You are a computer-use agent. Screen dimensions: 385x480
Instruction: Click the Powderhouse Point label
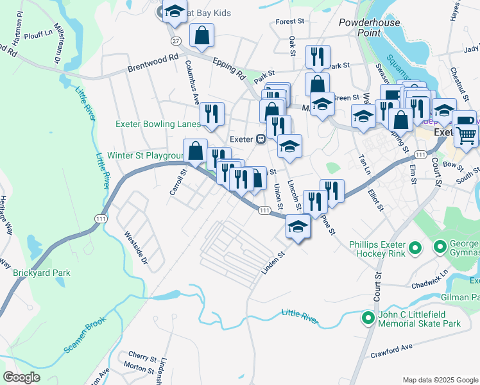tap(370, 27)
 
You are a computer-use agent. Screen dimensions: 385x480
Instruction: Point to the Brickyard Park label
tap(42, 273)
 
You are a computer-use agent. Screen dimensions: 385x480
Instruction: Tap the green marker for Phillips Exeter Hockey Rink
tap(415, 247)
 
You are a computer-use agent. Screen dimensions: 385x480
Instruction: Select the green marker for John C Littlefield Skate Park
tap(368, 318)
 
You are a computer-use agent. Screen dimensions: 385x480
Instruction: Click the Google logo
tap(21, 377)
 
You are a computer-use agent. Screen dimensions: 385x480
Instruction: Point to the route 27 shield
tap(175, 40)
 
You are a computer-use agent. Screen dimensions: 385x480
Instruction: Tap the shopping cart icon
tap(466, 134)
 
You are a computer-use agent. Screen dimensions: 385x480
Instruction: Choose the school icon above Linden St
tap(297, 227)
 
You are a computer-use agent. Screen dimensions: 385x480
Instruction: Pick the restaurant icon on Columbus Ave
tap(211, 114)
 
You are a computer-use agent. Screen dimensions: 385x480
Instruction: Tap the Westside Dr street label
tap(136, 249)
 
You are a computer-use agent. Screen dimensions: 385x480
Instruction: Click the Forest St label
tap(290, 21)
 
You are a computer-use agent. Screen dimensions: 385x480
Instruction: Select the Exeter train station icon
tap(261, 139)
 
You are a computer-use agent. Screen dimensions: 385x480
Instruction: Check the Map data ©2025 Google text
tap(440, 379)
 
